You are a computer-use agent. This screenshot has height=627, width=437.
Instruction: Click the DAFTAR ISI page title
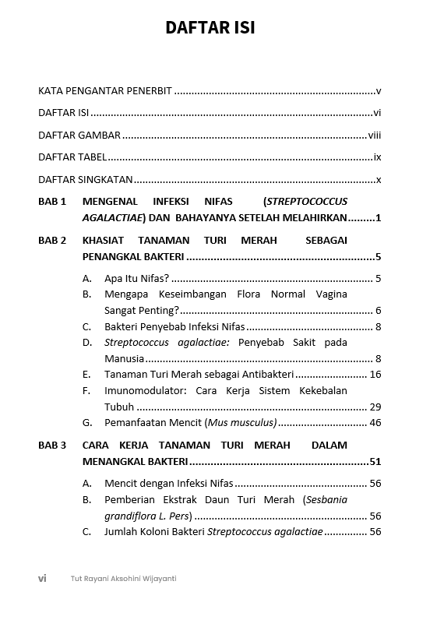(210, 28)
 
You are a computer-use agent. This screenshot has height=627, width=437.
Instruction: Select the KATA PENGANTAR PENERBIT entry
(105, 90)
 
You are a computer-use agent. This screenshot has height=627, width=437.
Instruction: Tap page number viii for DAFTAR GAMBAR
(374, 135)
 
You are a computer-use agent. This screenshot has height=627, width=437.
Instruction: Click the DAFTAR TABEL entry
(72, 157)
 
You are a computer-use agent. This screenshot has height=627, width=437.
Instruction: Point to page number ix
(377, 157)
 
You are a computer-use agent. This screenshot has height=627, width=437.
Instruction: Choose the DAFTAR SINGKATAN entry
(85, 179)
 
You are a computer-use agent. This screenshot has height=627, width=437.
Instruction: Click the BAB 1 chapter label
(52, 201)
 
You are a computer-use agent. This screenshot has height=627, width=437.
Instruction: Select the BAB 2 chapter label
(52, 241)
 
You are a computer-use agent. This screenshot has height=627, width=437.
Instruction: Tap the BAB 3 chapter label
(52, 446)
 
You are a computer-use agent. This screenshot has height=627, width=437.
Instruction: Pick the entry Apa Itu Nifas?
(136, 278)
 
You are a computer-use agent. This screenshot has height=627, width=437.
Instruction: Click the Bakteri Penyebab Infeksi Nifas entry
(174, 326)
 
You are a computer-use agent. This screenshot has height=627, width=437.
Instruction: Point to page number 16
(375, 375)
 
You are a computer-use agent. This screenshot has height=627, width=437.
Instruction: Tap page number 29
(375, 407)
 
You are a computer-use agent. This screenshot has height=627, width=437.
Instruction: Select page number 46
(375, 423)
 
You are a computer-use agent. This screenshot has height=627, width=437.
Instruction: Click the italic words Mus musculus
(241, 423)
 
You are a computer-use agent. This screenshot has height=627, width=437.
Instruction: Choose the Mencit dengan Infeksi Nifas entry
(168, 483)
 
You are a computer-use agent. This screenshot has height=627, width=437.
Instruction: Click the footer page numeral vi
(42, 578)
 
